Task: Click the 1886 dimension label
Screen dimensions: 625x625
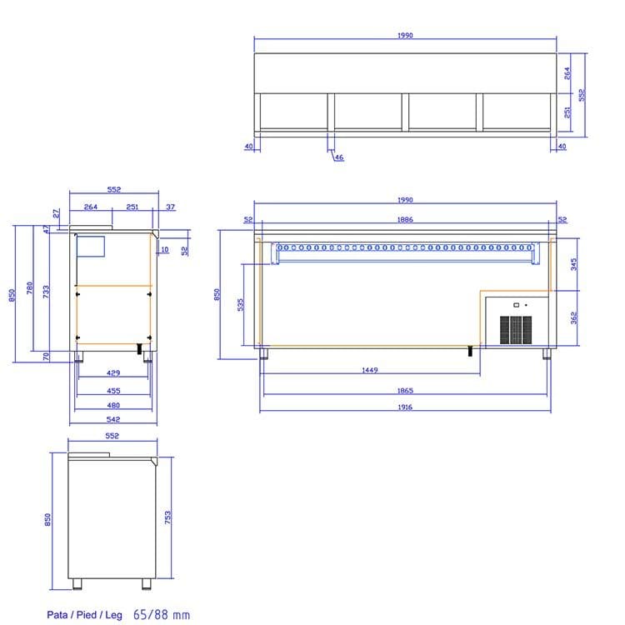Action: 405,220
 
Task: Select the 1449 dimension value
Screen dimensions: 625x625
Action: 369,370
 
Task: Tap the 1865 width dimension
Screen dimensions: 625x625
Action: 405,391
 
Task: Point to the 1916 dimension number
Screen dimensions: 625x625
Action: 404,407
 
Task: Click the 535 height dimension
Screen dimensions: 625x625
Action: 240,305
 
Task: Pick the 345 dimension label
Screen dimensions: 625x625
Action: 573,264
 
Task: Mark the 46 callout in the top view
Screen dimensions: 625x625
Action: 339,157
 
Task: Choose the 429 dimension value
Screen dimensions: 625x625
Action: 113,373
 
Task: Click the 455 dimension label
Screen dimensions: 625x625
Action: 113,391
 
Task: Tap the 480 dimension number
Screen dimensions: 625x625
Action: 113,405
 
